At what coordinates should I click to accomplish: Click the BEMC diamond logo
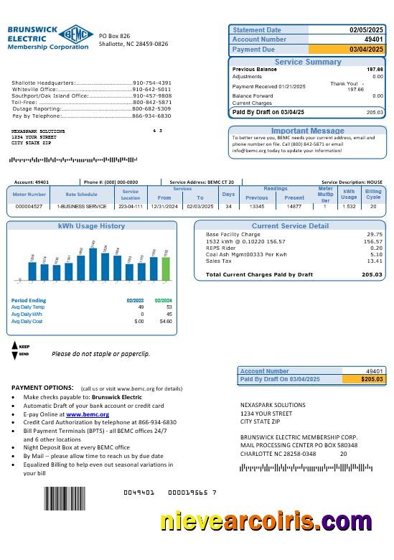pyautogui.click(x=72, y=34)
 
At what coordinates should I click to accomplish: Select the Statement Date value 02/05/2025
pyautogui.click(x=367, y=30)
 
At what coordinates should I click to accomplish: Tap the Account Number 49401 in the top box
pyautogui.click(x=374, y=39)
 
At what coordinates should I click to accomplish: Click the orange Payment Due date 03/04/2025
pyautogui.click(x=367, y=50)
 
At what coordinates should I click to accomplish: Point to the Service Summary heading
pyautogui.click(x=308, y=62)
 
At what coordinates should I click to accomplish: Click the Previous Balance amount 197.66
pyautogui.click(x=375, y=69)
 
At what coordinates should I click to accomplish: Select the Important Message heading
pyautogui.click(x=307, y=131)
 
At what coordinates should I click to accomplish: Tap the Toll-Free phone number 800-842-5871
pyautogui.click(x=151, y=102)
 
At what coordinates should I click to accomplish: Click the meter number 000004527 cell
pyautogui.click(x=29, y=206)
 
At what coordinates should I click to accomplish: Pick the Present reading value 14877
pyautogui.click(x=294, y=206)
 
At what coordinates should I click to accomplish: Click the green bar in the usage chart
pyautogui.click(x=166, y=269)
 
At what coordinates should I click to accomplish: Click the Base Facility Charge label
pyautogui.click(x=233, y=234)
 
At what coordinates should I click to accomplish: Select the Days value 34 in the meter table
pyautogui.click(x=228, y=206)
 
